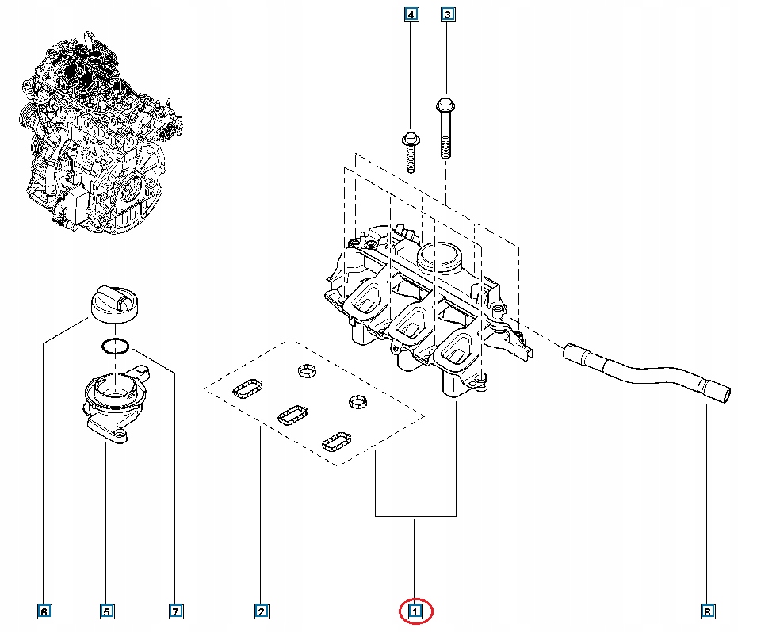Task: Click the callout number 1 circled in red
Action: (x=415, y=611)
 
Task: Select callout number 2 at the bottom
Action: (x=260, y=611)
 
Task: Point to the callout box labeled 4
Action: (x=411, y=14)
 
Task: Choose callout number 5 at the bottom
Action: (x=106, y=611)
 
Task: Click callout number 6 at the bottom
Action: (x=44, y=611)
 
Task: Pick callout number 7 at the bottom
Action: (x=176, y=611)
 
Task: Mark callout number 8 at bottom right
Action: (x=707, y=611)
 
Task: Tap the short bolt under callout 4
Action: (x=411, y=151)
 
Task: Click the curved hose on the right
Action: (x=650, y=373)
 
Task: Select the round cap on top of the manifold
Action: (x=438, y=258)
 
